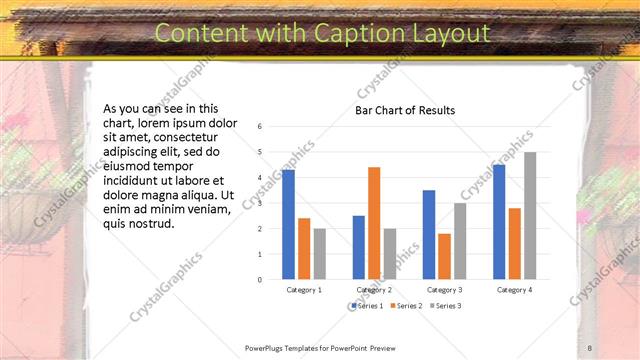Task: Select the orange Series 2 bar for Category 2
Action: coord(374,223)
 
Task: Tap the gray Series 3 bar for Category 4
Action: coord(530,215)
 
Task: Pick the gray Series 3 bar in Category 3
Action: coord(460,241)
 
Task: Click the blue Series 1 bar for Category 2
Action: coord(358,247)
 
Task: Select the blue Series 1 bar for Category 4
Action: coord(499,222)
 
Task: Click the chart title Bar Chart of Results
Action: coord(405,110)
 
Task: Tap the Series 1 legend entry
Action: coord(366,305)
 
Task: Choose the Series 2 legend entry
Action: coord(405,305)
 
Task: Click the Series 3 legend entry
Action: coord(445,305)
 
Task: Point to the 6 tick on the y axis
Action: coord(260,127)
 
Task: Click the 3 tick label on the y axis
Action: coord(260,204)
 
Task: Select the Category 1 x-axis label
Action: coord(304,290)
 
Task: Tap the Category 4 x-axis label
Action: coord(515,290)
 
